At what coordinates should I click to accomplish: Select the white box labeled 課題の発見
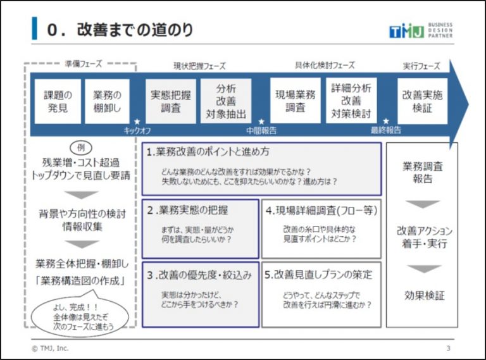tap(58, 101)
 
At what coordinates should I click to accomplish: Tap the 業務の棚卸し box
tap(107, 101)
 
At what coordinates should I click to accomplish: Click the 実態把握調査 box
tap(171, 101)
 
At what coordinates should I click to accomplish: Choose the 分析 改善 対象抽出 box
tap(226, 101)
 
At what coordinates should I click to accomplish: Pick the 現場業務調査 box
tap(296, 101)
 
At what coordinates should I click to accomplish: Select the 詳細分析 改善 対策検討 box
tap(351, 101)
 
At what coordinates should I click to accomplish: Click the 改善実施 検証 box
tap(423, 101)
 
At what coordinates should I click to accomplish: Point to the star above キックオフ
tap(137, 121)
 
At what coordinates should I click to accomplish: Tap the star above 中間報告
tap(261, 121)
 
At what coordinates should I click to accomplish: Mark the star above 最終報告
tap(386, 121)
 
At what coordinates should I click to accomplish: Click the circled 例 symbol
tap(81, 148)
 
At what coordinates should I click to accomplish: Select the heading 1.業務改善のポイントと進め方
tap(208, 152)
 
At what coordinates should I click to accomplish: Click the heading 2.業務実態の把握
tap(187, 210)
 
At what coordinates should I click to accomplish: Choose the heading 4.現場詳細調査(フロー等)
tap(321, 211)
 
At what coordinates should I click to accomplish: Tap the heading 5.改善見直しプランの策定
tap(318, 275)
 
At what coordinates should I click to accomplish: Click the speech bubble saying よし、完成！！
tap(80, 315)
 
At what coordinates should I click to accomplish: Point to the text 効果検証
tap(425, 295)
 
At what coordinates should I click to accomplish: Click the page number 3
tap(448, 348)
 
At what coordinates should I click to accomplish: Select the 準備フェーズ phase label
tap(84, 64)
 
